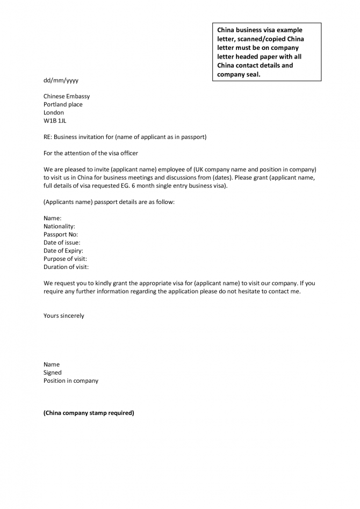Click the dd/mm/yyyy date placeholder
(61, 81)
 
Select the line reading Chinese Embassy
(67, 97)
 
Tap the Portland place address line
(63, 105)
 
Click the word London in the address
(54, 113)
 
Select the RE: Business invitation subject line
(125, 137)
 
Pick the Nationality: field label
(59, 227)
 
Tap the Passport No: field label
(61, 235)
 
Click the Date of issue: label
(62, 243)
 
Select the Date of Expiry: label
(63, 251)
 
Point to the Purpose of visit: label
(65, 259)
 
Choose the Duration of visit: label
(66, 267)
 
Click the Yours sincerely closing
(64, 316)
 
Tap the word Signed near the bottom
(53, 373)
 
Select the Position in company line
(71, 381)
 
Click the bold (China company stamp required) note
(89, 413)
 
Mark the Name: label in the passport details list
(52, 219)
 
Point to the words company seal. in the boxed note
(239, 75)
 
